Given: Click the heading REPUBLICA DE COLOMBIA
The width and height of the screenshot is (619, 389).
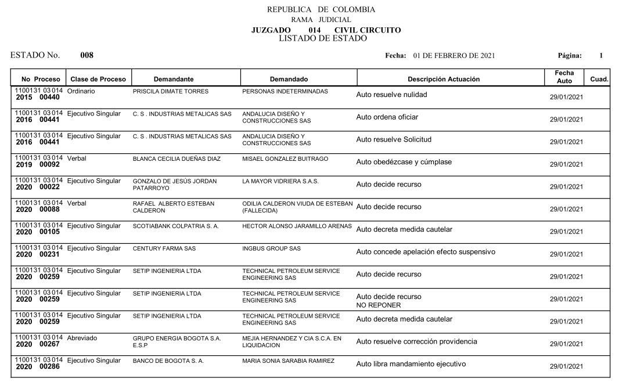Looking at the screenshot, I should (x=321, y=9).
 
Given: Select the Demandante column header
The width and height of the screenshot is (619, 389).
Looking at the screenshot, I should (x=174, y=79).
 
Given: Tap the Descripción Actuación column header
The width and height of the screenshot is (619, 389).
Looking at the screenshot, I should (x=444, y=79).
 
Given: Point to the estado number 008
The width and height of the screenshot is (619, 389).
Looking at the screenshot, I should (x=87, y=56).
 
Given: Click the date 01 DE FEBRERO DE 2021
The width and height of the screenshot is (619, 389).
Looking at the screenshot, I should (x=454, y=56).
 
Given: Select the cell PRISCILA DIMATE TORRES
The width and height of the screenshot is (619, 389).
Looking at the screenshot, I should (x=171, y=92).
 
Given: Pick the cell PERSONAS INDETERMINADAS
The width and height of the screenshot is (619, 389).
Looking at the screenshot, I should (x=285, y=92).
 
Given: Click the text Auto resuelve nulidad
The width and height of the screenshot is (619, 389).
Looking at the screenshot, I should (x=391, y=95).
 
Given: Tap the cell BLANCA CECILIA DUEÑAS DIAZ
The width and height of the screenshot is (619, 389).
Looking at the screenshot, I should (x=177, y=159).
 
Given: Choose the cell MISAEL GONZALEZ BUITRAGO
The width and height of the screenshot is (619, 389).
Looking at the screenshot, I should (x=285, y=159).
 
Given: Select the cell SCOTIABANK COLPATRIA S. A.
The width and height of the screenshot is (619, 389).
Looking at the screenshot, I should (x=176, y=226).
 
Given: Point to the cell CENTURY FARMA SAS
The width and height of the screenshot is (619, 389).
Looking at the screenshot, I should (x=164, y=248).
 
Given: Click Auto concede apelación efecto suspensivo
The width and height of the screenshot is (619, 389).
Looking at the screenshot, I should (x=426, y=252).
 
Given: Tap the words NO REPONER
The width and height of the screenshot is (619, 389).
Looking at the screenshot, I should (x=378, y=305).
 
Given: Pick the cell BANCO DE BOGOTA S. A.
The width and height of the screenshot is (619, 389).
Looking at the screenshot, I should (x=168, y=361).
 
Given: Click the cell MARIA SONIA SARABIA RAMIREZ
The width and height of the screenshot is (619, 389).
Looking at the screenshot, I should (x=288, y=361).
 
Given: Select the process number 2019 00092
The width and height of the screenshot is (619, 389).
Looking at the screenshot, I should (x=38, y=165).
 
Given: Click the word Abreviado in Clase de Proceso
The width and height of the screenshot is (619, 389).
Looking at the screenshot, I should (x=82, y=338).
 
